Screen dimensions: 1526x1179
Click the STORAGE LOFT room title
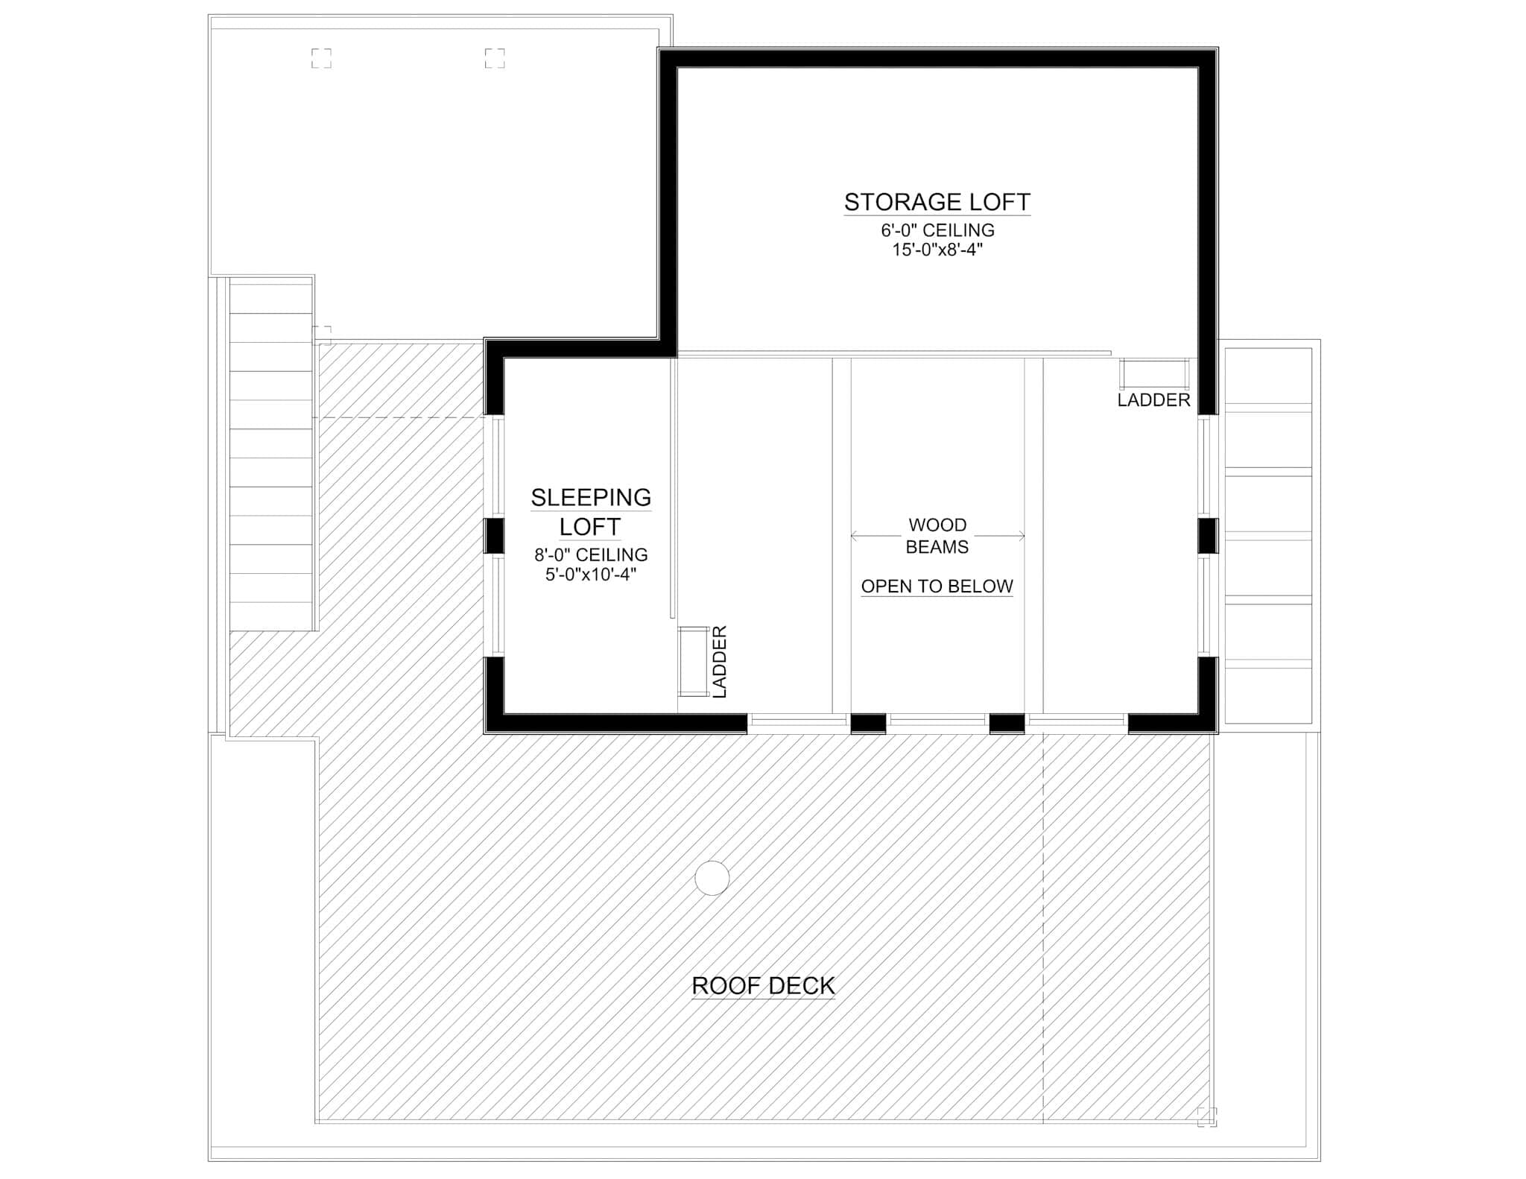937,202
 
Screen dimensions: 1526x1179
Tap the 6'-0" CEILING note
937,230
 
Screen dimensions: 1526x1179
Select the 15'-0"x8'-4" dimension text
937,250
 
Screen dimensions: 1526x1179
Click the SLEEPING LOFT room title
590,512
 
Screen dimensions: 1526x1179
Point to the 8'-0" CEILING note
591,554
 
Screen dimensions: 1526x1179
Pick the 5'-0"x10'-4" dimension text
591,575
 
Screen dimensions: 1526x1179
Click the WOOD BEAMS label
937,536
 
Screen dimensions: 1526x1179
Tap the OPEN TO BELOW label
937,587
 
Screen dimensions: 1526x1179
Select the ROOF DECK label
764,986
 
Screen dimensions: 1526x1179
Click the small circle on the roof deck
712,878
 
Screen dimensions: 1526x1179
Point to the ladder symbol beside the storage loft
1154,374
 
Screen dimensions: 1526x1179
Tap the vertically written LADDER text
720,662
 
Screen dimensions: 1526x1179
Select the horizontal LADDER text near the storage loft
1153,400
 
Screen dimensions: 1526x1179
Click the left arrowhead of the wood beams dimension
854,536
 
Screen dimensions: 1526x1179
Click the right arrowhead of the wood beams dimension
1022,536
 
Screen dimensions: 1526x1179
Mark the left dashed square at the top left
321,58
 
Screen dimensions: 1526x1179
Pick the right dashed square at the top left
495,58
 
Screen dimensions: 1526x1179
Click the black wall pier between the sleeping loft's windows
495,536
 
